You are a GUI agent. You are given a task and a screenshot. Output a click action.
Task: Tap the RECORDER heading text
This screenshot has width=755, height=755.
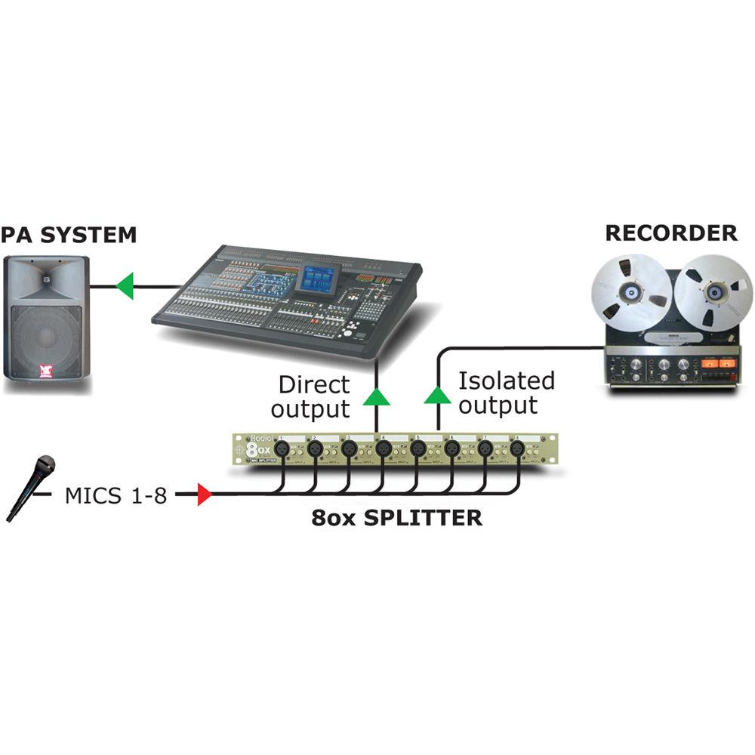[x=671, y=233]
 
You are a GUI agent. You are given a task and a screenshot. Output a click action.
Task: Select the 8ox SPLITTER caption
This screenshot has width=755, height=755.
[x=397, y=518]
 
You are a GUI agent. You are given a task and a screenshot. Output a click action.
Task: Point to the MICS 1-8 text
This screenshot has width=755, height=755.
[x=116, y=496]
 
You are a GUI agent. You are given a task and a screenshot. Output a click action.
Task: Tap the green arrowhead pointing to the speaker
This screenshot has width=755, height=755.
[x=124, y=286]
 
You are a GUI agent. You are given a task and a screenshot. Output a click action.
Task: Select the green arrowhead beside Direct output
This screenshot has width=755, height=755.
[x=376, y=398]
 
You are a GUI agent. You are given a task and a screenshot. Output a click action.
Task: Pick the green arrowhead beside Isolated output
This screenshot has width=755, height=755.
[x=436, y=395]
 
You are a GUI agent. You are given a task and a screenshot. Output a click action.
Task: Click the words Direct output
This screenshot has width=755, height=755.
[x=313, y=397]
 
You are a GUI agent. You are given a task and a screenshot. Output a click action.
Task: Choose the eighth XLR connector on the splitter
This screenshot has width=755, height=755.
[x=516, y=449]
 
